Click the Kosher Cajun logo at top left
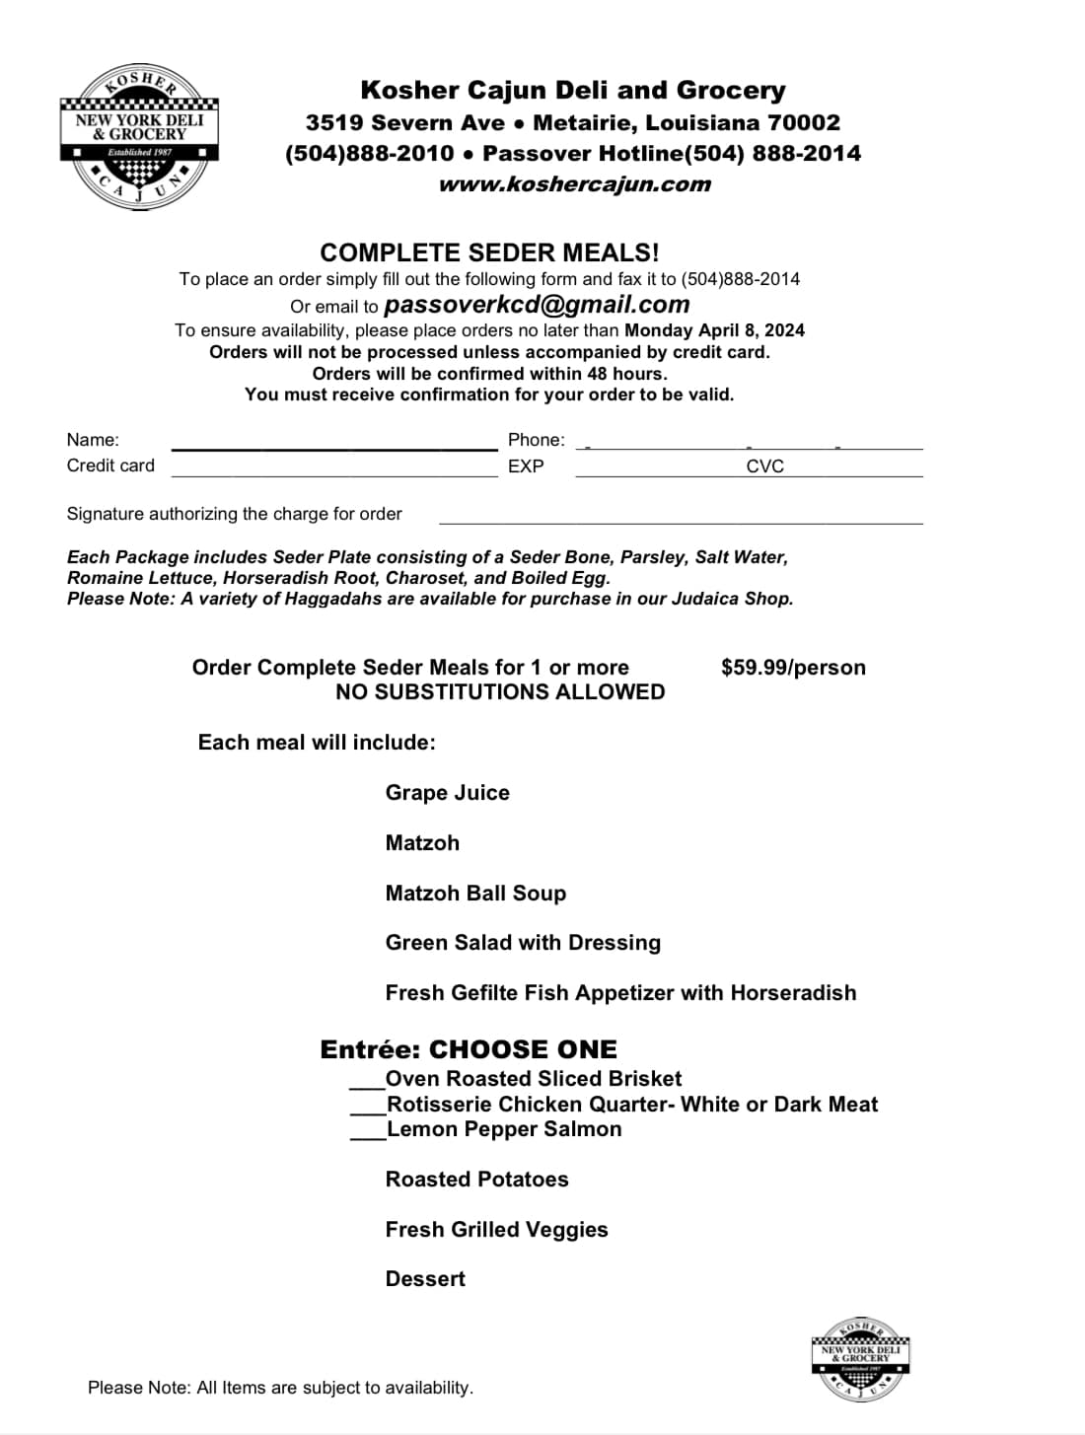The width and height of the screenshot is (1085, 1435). (139, 138)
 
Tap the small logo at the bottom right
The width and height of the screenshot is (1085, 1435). (860, 1358)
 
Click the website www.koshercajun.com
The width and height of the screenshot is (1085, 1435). (574, 184)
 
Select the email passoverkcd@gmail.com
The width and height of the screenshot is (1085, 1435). (537, 305)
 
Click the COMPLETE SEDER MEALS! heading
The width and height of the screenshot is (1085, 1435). (489, 252)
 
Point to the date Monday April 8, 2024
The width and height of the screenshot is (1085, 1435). (714, 330)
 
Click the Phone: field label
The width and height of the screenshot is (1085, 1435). (536, 440)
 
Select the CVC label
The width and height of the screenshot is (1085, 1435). (764, 466)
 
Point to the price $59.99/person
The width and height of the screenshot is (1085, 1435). (793, 668)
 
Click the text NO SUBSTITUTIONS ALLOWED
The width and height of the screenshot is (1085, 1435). (500, 692)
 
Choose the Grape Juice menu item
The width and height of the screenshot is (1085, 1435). (447, 793)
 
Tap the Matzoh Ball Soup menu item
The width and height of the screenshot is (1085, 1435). (475, 894)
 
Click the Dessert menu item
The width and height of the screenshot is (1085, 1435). (425, 1279)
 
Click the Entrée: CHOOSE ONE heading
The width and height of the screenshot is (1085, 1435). (469, 1049)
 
